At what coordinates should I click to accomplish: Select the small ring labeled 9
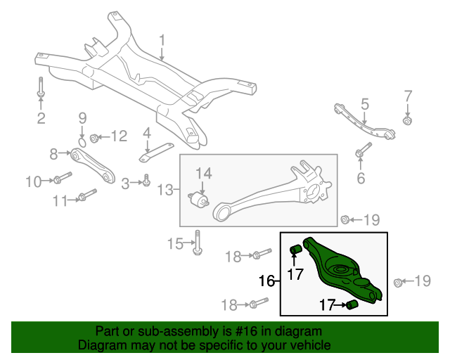(82, 142)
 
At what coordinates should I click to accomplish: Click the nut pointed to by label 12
(97, 137)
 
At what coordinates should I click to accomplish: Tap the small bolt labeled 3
(146, 181)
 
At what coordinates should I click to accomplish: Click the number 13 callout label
(165, 190)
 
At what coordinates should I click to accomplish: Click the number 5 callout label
(364, 104)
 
